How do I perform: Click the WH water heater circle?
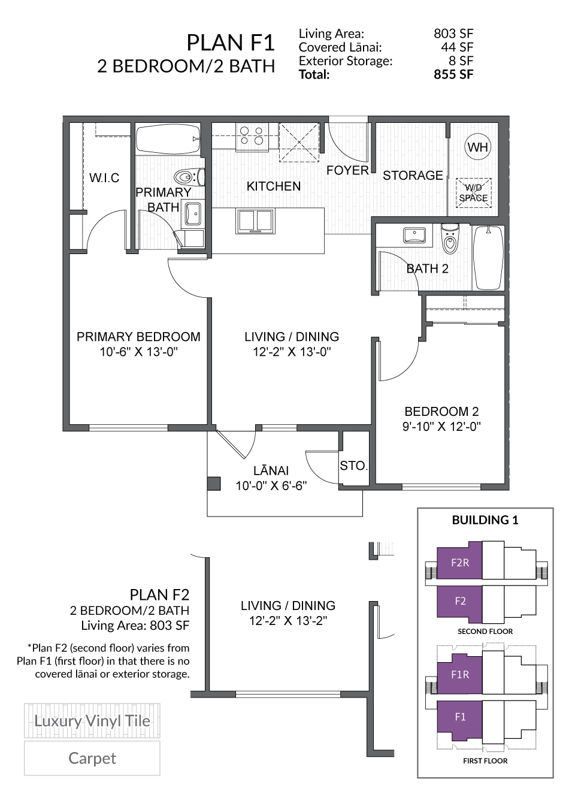click(477, 147)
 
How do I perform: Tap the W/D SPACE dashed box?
click(473, 193)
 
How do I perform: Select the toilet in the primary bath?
click(189, 177)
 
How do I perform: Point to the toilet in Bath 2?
click(450, 239)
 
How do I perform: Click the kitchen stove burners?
click(252, 136)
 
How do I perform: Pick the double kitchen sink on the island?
click(255, 221)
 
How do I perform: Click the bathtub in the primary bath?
click(168, 139)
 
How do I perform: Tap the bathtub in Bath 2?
click(489, 258)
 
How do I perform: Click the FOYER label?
click(347, 171)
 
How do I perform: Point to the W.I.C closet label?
click(104, 177)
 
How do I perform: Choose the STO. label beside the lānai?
click(353, 466)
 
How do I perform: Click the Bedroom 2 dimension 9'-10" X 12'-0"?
click(441, 427)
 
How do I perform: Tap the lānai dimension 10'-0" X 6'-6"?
click(271, 485)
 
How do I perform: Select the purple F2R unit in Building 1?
click(459, 563)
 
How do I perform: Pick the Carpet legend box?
click(92, 758)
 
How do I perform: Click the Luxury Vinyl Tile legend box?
click(92, 721)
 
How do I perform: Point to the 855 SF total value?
click(453, 74)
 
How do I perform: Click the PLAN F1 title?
click(231, 43)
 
